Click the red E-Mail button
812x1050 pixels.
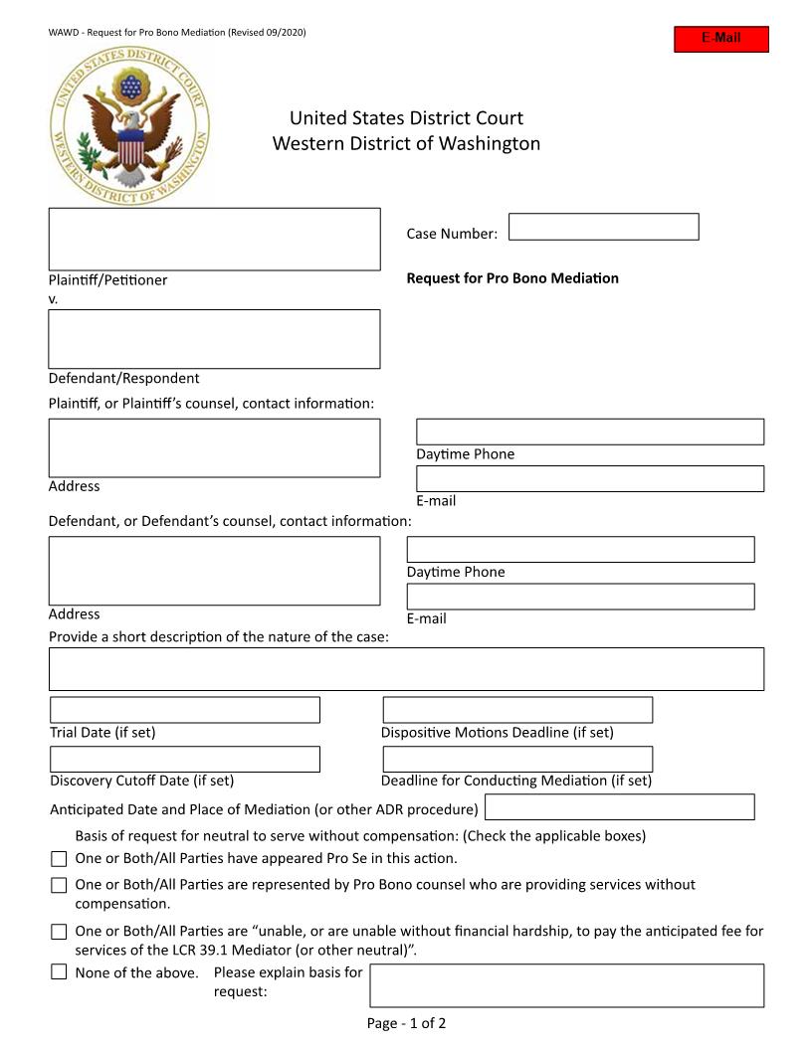pyautogui.click(x=721, y=39)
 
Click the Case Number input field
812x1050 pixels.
pyautogui.click(x=603, y=227)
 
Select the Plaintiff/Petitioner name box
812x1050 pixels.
pyautogui.click(x=214, y=239)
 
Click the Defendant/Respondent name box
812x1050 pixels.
pyautogui.click(x=214, y=339)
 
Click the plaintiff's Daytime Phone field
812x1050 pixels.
pyautogui.click(x=589, y=432)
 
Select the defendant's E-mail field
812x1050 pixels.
pyautogui.click(x=580, y=597)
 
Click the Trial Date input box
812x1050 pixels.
pyautogui.click(x=185, y=710)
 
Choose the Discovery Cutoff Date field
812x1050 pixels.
pyautogui.click(x=185, y=760)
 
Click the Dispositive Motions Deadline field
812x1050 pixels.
pyautogui.click(x=517, y=710)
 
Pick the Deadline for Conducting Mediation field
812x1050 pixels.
pyautogui.click(x=517, y=760)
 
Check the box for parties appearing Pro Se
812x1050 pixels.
pyautogui.click(x=59, y=859)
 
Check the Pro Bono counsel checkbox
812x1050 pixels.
pyautogui.click(x=59, y=885)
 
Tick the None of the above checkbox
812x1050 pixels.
pyautogui.click(x=59, y=972)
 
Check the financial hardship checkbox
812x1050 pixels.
pyautogui.click(x=59, y=933)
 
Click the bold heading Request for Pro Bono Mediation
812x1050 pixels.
pyautogui.click(x=512, y=278)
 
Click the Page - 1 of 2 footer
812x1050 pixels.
pyautogui.click(x=406, y=1023)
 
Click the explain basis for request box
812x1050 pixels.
pyautogui.click(x=566, y=985)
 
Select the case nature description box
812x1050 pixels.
pyautogui.click(x=406, y=669)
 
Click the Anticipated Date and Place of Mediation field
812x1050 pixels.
pyautogui.click(x=619, y=807)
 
